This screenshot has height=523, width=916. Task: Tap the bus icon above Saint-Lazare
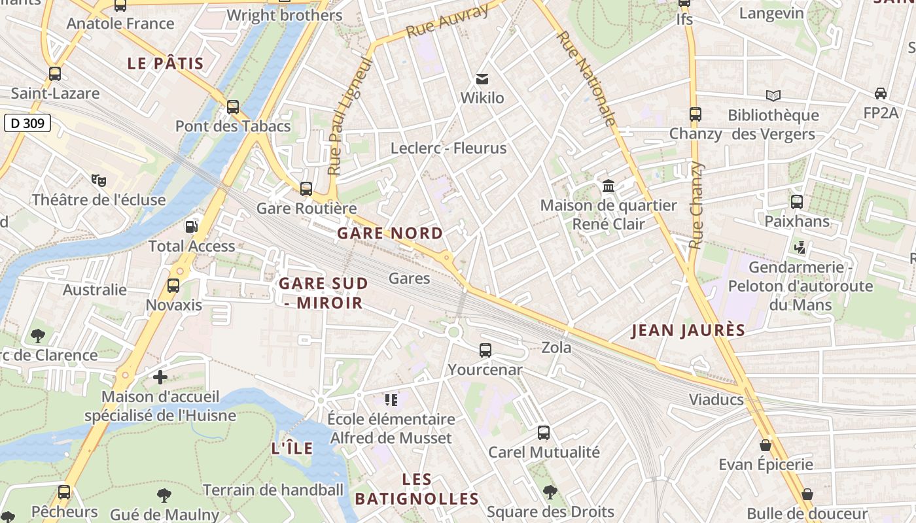tap(55, 74)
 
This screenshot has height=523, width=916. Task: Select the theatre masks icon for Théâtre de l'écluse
tap(99, 180)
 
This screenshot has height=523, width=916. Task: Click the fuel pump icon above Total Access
tap(192, 227)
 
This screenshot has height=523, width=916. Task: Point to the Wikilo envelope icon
tap(482, 79)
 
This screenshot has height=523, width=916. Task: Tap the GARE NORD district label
tap(390, 233)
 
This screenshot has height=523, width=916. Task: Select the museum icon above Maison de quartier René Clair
tap(608, 186)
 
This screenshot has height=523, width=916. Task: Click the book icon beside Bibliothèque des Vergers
tap(773, 96)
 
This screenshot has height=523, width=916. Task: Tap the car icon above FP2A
tap(881, 93)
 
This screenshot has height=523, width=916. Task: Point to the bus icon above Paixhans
tap(797, 202)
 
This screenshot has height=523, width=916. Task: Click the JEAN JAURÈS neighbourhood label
tap(688, 331)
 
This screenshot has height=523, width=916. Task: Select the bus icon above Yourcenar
tap(485, 350)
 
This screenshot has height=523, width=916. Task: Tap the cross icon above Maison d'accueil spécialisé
tap(160, 377)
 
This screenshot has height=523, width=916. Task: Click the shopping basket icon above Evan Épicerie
tap(766, 446)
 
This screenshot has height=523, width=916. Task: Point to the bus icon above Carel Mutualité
tap(544, 433)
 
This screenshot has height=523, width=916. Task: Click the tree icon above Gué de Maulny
tap(164, 496)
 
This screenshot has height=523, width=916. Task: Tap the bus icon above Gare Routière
tap(306, 189)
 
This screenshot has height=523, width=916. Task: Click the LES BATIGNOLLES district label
tap(417, 489)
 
